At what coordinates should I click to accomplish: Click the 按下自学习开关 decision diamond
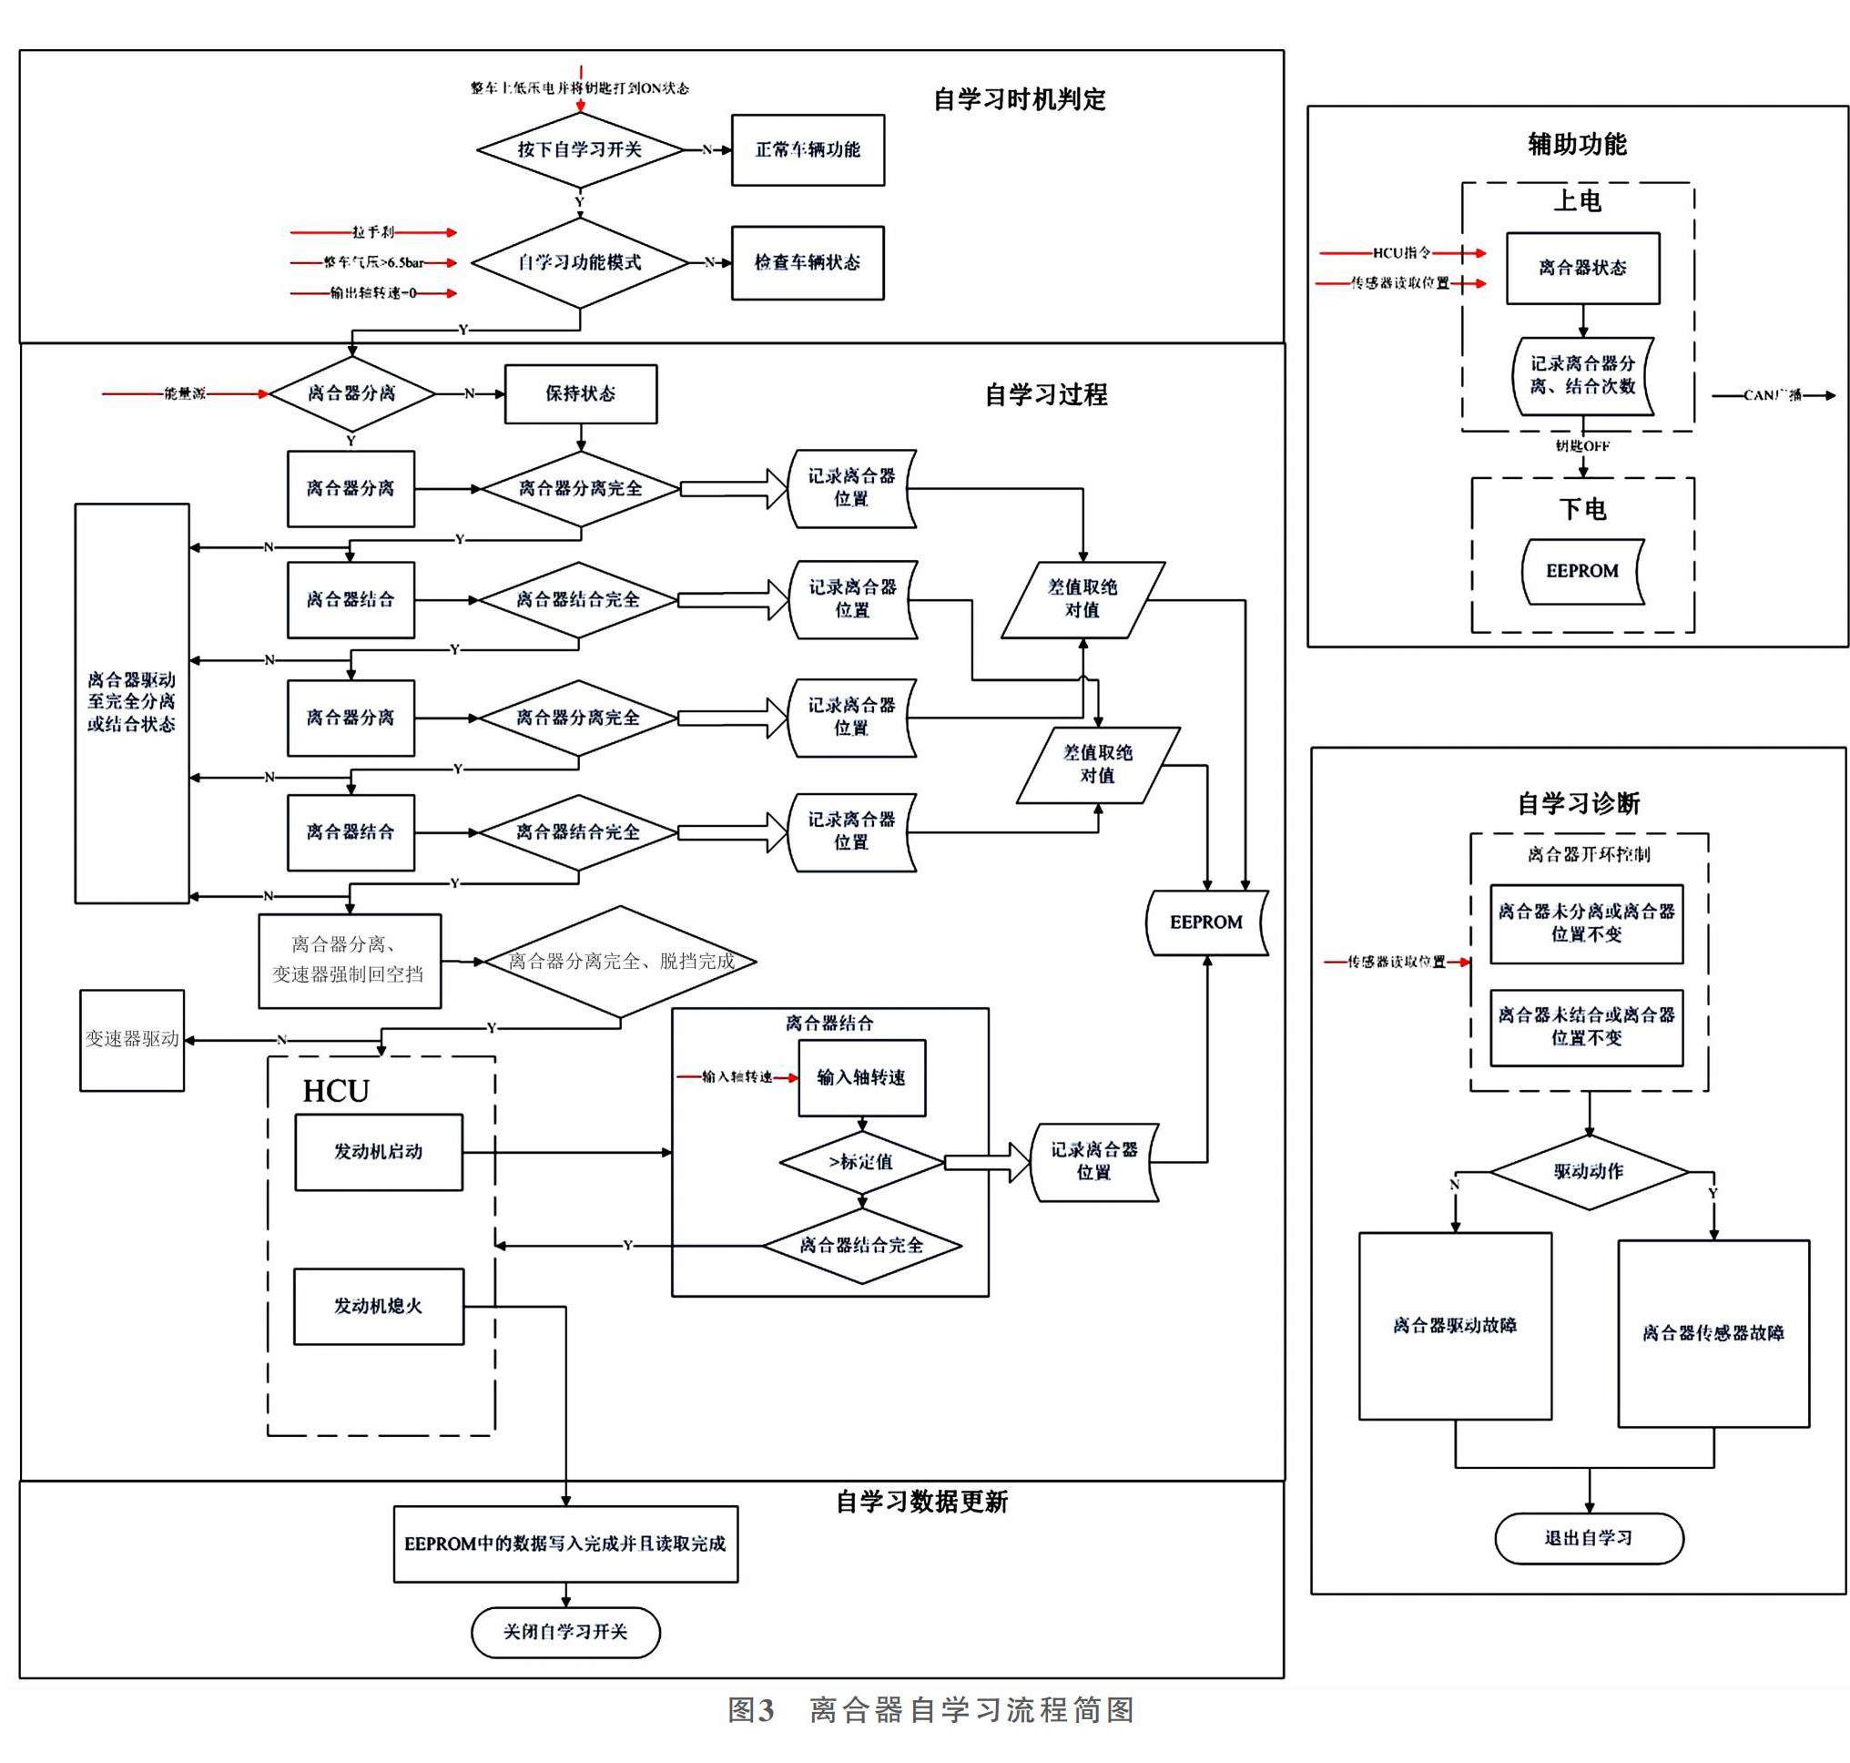click(580, 149)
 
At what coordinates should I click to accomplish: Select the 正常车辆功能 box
click(807, 149)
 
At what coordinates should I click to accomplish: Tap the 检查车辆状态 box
click(807, 262)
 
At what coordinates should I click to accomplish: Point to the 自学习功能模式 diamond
click(580, 262)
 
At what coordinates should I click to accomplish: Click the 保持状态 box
click(580, 393)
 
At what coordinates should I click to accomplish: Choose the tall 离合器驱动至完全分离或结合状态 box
click(131, 702)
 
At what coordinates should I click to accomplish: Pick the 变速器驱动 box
click(131, 1039)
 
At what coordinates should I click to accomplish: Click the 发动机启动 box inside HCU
click(378, 1151)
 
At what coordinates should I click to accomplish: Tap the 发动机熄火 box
click(378, 1305)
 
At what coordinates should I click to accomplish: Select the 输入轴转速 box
click(860, 1077)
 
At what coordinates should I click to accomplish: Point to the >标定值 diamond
click(860, 1162)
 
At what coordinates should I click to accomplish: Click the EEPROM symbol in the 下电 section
click(1582, 570)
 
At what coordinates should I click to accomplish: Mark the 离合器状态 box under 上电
click(1582, 268)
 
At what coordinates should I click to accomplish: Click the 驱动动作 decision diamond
click(1588, 1171)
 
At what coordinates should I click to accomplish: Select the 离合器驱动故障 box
click(1455, 1325)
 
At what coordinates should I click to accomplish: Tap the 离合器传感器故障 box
click(1713, 1332)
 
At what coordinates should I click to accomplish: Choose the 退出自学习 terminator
click(1588, 1537)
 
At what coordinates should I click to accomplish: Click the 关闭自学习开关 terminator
click(564, 1632)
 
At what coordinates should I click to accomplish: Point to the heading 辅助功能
click(1577, 144)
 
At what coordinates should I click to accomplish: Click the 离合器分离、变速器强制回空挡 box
click(349, 961)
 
